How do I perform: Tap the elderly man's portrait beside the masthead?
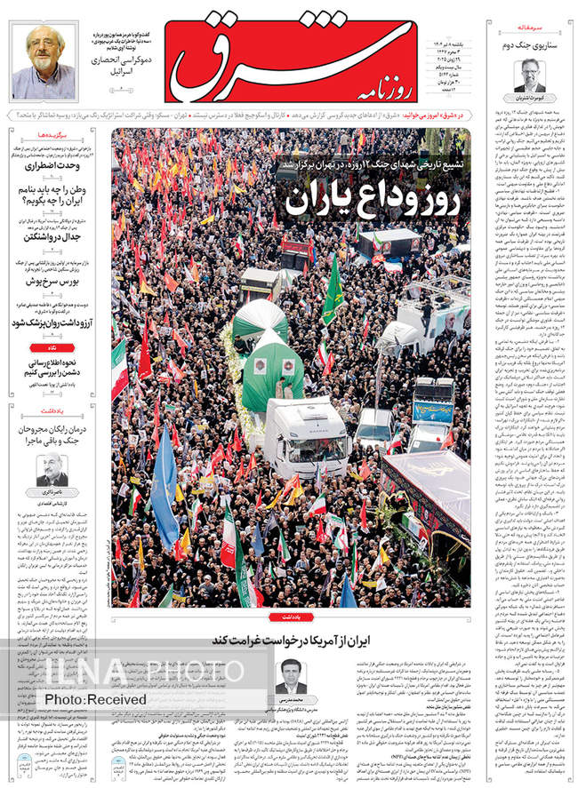pyautogui.click(x=44, y=60)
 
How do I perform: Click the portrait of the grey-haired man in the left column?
pyautogui.click(x=52, y=471)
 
